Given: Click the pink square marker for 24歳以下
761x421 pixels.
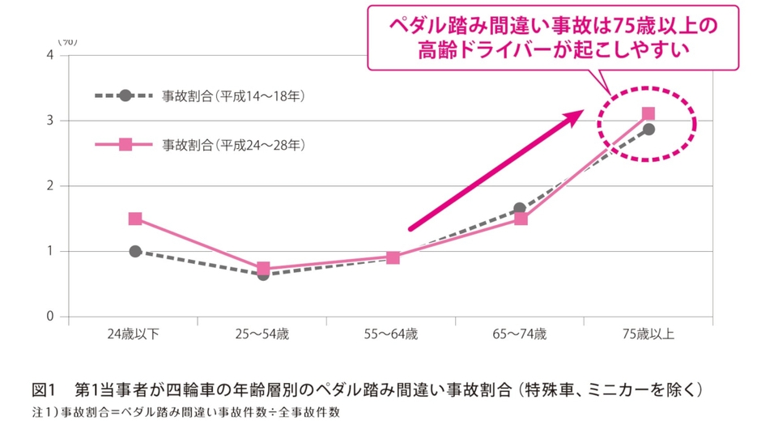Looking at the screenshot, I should (x=135, y=219).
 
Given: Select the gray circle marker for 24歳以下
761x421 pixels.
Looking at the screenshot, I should (x=135, y=251).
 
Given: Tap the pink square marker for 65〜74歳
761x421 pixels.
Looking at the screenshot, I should (x=521, y=219).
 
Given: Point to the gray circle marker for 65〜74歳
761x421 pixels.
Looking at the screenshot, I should (x=521, y=209).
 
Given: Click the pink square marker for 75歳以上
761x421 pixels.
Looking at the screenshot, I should (x=648, y=114).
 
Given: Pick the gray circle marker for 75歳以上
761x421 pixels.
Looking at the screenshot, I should (x=648, y=129).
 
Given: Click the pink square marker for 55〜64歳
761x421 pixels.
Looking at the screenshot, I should (x=393, y=257).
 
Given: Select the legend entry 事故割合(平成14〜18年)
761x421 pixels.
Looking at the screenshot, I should (x=206, y=96).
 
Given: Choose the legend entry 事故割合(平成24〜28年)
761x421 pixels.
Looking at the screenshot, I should (x=206, y=145).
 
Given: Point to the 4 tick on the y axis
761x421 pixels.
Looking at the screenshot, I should (x=50, y=55).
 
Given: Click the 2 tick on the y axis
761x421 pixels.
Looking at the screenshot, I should (x=50, y=186).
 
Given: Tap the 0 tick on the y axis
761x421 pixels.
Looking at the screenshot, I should (x=50, y=317).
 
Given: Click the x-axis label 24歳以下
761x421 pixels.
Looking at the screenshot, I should (x=134, y=334).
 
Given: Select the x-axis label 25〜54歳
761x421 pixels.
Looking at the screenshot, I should (x=263, y=334).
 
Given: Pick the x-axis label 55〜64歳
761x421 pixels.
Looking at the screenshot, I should (x=392, y=334).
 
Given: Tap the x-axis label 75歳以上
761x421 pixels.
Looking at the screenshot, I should (x=649, y=334).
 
